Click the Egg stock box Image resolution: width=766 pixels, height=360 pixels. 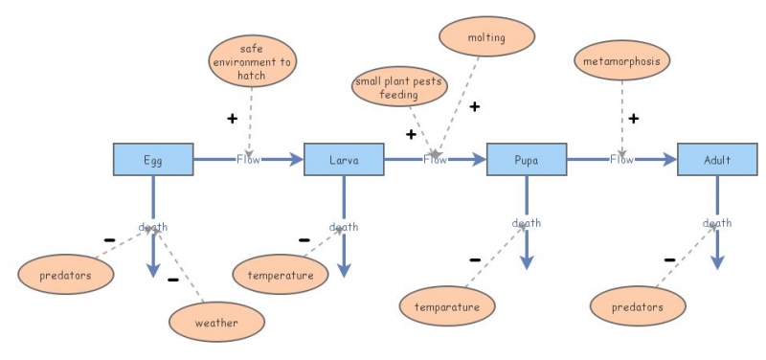pos(153,160)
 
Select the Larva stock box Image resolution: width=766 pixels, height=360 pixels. pos(344,160)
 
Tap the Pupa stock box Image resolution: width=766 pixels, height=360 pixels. pos(526,160)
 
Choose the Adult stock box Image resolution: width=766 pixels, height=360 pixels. pos(717,160)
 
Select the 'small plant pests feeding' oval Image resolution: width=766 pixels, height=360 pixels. pos(399,89)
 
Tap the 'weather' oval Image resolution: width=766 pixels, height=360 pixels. pos(216,323)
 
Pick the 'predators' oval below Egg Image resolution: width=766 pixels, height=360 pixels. pos(66,275)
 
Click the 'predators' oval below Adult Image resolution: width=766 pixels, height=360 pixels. pos(639,307)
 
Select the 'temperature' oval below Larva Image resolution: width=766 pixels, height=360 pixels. pos(281,275)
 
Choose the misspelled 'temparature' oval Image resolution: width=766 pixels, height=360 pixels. pos(447,307)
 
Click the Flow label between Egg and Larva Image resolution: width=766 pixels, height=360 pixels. pos(248,160)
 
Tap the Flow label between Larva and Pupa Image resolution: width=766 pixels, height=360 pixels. pos(435,160)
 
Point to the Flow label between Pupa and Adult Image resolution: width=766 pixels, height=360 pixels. pos(621,160)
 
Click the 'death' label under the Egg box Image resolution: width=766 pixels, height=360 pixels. pos(153,227)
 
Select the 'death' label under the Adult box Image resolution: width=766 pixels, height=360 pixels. pos(717,223)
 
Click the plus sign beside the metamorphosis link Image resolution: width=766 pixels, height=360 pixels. pos(633,119)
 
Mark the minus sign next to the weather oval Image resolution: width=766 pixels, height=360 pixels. pos(173,281)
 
